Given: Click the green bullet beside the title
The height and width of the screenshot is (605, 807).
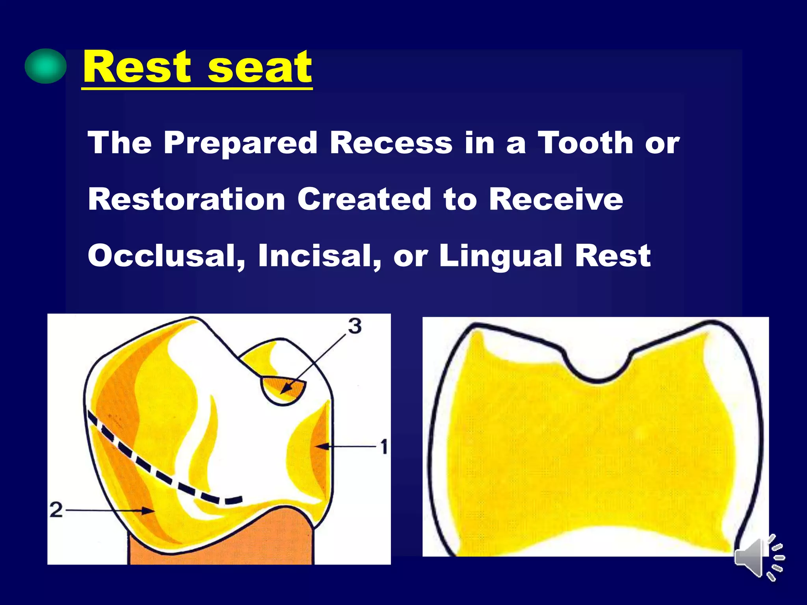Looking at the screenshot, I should click(x=45, y=66).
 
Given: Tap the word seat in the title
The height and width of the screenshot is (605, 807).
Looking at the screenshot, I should click(x=259, y=68).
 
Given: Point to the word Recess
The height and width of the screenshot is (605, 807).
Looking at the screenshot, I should click(x=391, y=143).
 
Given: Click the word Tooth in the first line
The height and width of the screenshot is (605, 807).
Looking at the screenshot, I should click(x=586, y=143).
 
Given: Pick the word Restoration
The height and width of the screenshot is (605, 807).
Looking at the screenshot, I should click(x=186, y=199).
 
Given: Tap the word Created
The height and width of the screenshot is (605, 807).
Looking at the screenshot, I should click(x=364, y=199).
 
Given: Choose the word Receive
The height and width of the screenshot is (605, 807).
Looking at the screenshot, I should click(x=556, y=199).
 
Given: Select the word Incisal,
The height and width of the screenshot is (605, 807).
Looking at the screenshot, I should click(x=320, y=256).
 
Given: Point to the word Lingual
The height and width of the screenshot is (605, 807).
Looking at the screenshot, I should click(x=501, y=256).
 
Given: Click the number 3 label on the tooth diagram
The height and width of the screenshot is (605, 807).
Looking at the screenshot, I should click(x=355, y=326).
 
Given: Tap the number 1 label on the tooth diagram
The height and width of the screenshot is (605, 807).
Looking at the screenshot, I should click(x=384, y=447).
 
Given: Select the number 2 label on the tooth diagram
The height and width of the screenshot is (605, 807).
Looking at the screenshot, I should click(x=56, y=510).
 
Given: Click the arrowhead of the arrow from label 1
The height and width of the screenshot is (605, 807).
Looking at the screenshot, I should click(x=320, y=446).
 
